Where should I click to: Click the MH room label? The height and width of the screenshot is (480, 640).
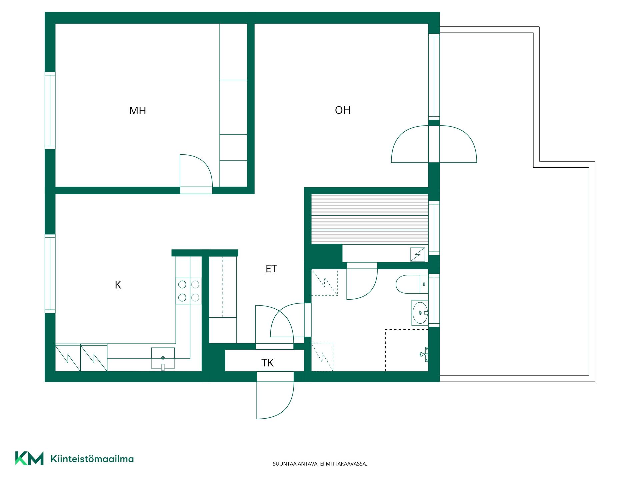click(x=138, y=111)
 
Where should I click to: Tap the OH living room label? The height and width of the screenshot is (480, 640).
click(x=343, y=110)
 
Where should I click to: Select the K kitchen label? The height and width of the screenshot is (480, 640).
click(x=118, y=285)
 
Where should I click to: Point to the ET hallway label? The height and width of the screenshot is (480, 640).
click(x=271, y=269)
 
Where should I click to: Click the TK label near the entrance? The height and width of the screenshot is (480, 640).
click(x=267, y=363)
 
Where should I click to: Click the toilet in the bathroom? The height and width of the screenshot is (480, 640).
click(x=412, y=284)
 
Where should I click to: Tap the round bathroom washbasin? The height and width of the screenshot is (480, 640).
click(x=420, y=313)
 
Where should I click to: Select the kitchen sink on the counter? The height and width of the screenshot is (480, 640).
click(x=163, y=358)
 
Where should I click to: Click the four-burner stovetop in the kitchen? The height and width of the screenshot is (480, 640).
click(x=189, y=291)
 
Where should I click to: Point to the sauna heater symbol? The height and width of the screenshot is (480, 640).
click(x=418, y=255)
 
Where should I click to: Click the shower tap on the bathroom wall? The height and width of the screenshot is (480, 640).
click(x=424, y=354)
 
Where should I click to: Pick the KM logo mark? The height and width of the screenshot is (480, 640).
click(x=29, y=458)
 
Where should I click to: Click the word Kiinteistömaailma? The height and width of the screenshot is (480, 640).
click(x=92, y=459)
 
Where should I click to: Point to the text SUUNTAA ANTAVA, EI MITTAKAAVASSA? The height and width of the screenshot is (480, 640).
click(x=320, y=464)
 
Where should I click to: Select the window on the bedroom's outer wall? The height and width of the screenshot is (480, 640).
click(x=50, y=111)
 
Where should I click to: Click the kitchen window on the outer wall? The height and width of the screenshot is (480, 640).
click(x=50, y=274)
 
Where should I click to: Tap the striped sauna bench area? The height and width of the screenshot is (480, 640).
click(x=370, y=219)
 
